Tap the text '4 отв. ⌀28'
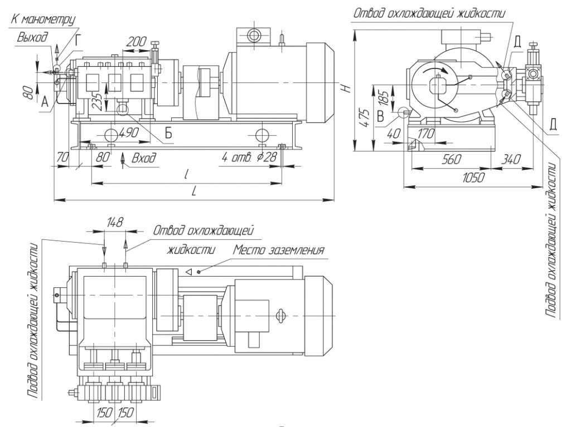click(x=249, y=158)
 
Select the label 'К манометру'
click(x=42, y=19)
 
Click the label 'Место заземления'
click(x=279, y=249)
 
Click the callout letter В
click(x=380, y=116)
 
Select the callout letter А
click(x=45, y=101)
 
